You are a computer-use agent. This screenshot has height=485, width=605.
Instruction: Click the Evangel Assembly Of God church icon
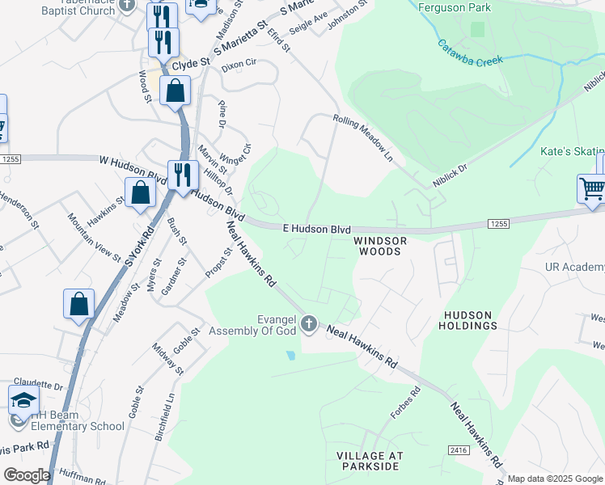308,324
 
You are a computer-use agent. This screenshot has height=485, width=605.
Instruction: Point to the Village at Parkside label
369,462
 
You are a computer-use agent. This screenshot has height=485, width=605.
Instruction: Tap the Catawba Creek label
470,52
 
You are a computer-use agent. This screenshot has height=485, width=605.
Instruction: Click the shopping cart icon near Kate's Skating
592,189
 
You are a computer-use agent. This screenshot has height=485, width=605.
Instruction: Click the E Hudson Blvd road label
316,230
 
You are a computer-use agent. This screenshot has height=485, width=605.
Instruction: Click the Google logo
27,475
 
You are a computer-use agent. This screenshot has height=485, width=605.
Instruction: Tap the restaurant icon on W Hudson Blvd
183,175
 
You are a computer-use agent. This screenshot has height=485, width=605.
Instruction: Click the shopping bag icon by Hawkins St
141,192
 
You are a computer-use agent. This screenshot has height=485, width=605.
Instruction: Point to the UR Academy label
574,268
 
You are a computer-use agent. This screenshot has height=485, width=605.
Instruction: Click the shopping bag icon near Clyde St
175,91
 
